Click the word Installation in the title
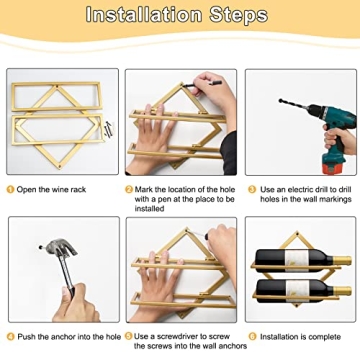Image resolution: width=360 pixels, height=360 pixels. pyautogui.click(x=144, y=15)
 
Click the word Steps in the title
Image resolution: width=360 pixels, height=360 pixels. pyautogui.click(x=238, y=15)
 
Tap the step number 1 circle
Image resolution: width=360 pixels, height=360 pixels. pyautogui.click(x=11, y=190)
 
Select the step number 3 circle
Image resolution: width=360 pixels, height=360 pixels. pyautogui.click(x=252, y=190)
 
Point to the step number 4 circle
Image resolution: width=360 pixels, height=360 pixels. pyautogui.click(x=11, y=337)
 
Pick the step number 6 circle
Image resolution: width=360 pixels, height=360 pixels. pyautogui.click(x=252, y=337)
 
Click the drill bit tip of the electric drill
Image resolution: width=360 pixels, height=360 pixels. pyautogui.click(x=281, y=100)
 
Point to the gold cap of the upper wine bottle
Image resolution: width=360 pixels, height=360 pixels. pyautogui.click(x=342, y=260)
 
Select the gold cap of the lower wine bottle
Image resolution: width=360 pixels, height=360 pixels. pyautogui.click(x=342, y=291)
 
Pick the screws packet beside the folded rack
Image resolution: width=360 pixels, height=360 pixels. pyautogui.click(x=109, y=129)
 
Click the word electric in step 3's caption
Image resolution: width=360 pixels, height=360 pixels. pyautogui.click(x=299, y=190)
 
